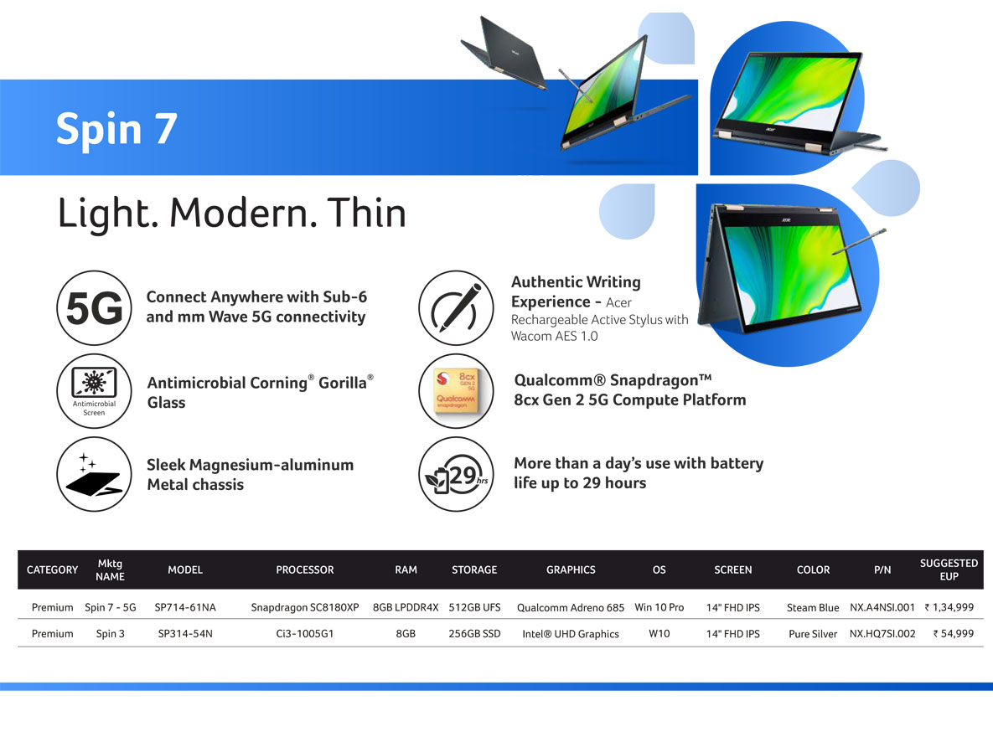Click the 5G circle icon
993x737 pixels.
click(95, 307)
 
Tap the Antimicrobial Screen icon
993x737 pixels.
click(95, 390)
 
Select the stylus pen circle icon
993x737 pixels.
click(456, 308)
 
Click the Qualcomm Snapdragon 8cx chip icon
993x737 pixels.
click(456, 390)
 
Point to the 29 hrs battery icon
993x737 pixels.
click(456, 473)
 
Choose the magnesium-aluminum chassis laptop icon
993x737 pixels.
click(95, 473)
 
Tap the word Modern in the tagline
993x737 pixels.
click(243, 213)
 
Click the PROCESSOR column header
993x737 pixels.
click(305, 569)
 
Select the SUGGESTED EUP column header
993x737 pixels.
click(949, 569)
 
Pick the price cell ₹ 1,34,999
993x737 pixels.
click(949, 607)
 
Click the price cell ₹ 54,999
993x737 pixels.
click(953, 633)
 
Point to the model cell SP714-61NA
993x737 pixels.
click(185, 607)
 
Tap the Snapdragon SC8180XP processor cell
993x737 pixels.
click(305, 607)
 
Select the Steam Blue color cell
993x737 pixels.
click(813, 607)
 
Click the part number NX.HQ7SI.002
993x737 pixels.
click(882, 633)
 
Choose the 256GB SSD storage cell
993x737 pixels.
click(474, 633)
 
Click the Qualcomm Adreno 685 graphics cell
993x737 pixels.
click(571, 607)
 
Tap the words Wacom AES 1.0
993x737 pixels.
click(554, 336)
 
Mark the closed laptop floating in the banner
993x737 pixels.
click(504, 52)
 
